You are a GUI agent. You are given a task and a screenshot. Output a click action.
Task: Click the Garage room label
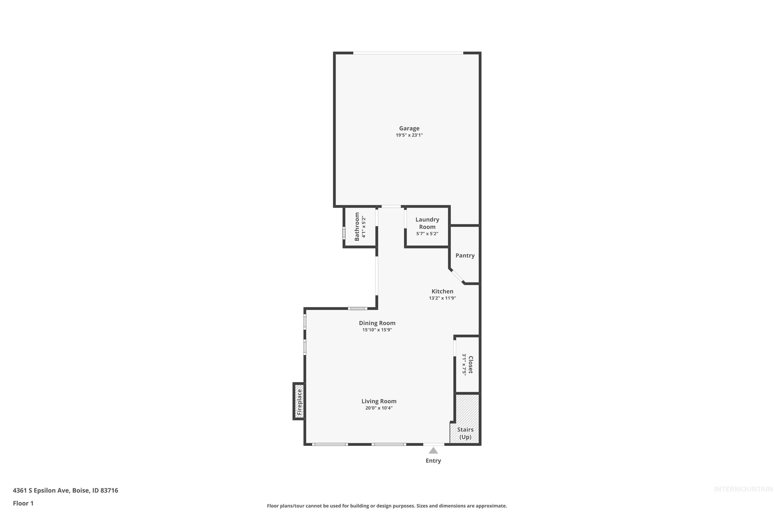point(409,128)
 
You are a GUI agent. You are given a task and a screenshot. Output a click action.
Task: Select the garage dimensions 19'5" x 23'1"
point(409,135)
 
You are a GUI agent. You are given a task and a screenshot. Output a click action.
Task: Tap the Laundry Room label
point(427,223)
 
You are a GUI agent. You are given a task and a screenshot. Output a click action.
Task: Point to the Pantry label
point(465,255)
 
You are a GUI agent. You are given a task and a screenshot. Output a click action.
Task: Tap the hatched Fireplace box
point(299,401)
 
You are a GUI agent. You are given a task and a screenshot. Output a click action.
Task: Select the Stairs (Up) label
point(465,433)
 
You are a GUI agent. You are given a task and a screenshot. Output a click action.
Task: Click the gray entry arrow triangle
point(433,450)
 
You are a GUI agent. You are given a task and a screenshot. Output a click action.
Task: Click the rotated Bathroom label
point(357,227)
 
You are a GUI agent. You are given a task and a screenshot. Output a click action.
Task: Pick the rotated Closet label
point(471,365)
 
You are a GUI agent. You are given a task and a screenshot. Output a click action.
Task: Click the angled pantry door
point(457,276)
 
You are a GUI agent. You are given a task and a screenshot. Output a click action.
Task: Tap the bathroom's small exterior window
point(344,233)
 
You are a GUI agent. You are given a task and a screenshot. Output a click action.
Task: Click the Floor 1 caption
point(23,503)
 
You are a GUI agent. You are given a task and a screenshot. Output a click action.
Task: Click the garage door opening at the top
point(408,53)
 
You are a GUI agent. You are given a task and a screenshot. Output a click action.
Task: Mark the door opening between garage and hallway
point(391,207)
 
